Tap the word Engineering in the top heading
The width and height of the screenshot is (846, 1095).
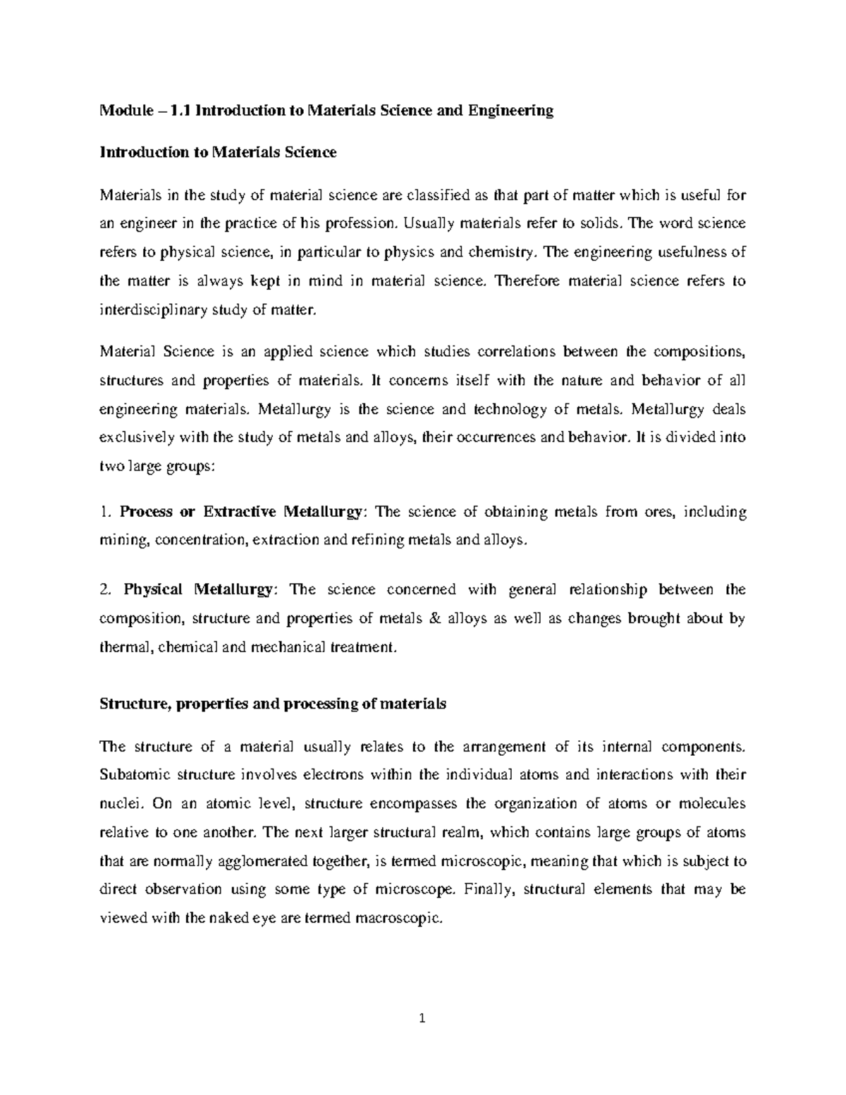coord(513,111)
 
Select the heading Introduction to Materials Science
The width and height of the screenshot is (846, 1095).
coord(219,152)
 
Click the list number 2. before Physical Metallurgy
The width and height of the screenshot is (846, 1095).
coord(105,589)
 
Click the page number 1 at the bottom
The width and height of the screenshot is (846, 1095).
coord(422,1018)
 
